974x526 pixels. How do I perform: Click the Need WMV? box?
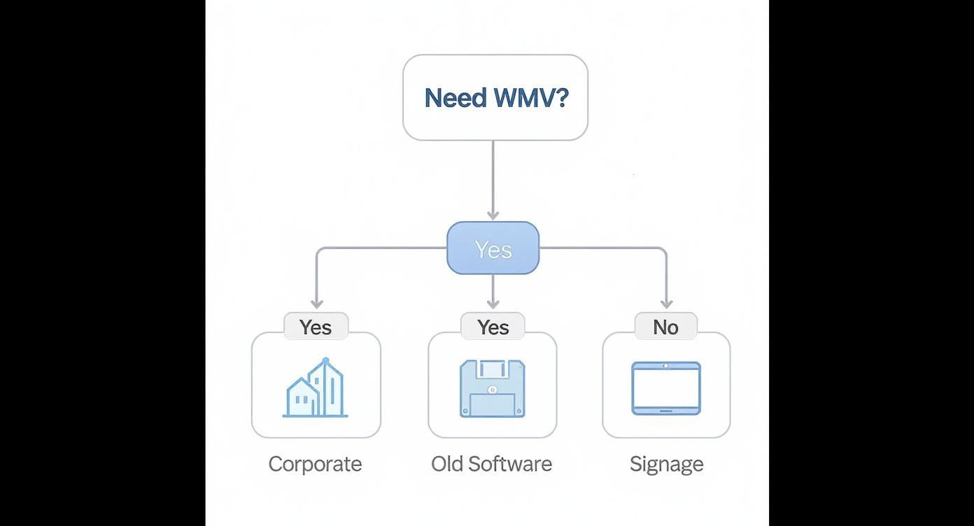pyautogui.click(x=495, y=97)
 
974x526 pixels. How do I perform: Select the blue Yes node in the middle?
pyautogui.click(x=493, y=248)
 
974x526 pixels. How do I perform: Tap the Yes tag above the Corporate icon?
pyautogui.click(x=316, y=327)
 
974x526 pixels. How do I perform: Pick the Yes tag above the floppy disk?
pyautogui.click(x=493, y=327)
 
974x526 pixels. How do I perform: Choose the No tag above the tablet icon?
pyautogui.click(x=665, y=327)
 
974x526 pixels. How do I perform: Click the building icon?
pyautogui.click(x=316, y=388)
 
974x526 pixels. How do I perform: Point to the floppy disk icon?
pyautogui.click(x=493, y=388)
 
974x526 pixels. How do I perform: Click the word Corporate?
pyautogui.click(x=315, y=464)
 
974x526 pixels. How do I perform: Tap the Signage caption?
pyautogui.click(x=666, y=464)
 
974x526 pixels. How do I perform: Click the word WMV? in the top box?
pyautogui.click(x=531, y=97)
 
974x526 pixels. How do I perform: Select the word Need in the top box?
pyautogui.click(x=456, y=97)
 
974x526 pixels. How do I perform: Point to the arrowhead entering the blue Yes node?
pyautogui.click(x=493, y=215)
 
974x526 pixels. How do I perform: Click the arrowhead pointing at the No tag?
pyautogui.click(x=666, y=304)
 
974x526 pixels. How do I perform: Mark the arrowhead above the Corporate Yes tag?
pyautogui.click(x=316, y=304)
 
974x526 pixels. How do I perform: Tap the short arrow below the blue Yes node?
pyautogui.click(x=493, y=292)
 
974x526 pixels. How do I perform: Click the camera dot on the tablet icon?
pyautogui.click(x=666, y=366)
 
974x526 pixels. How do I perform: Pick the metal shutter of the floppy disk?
pyautogui.click(x=493, y=368)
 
